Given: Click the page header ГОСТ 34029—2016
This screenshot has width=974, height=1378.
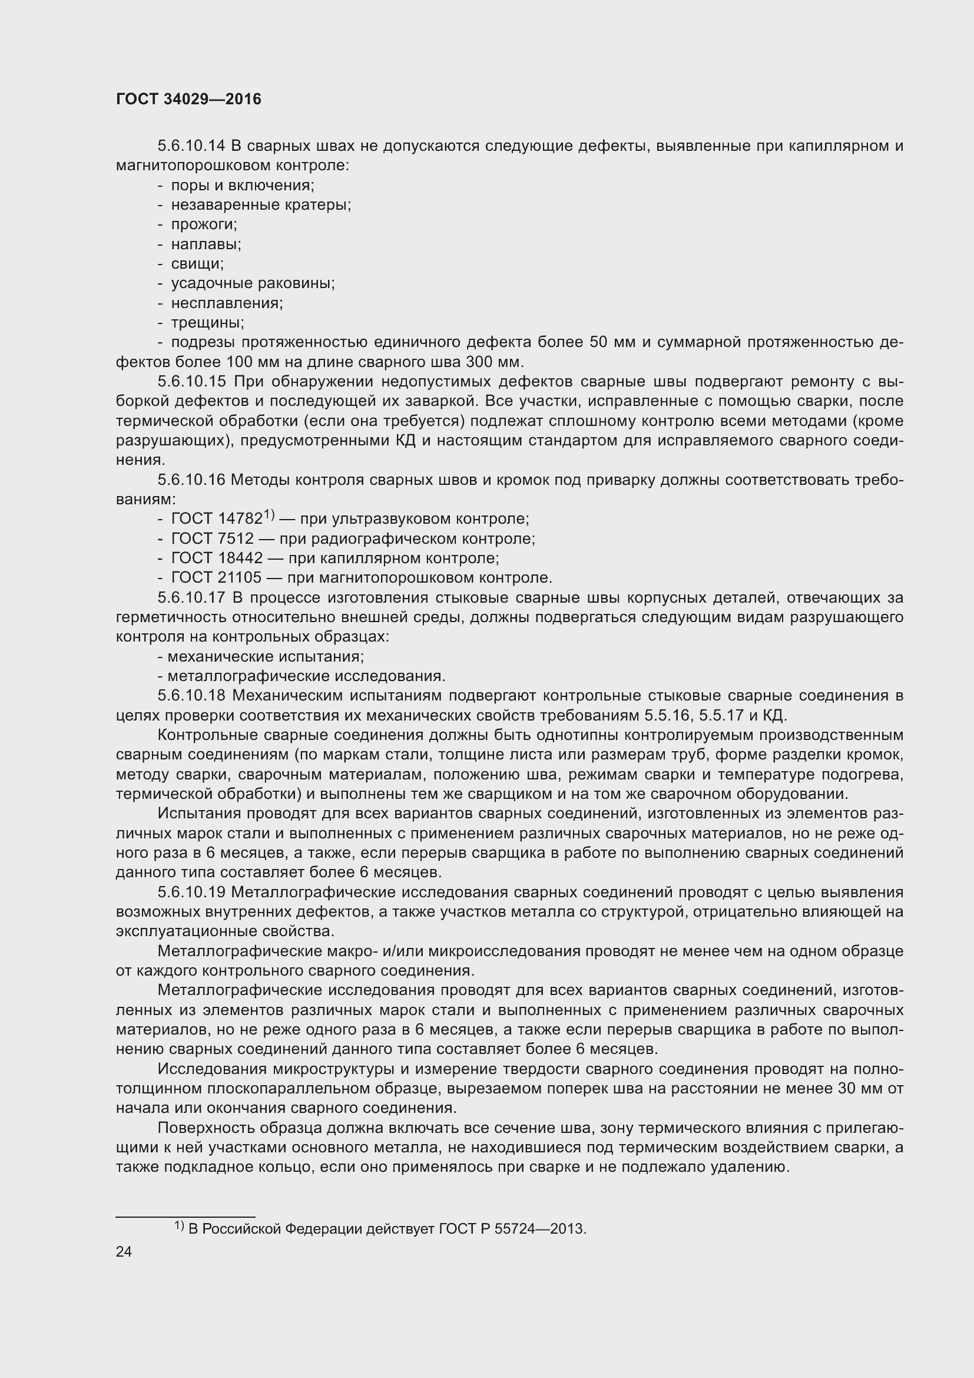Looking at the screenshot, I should [188, 99].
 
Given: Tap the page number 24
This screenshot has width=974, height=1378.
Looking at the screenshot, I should [124, 1251].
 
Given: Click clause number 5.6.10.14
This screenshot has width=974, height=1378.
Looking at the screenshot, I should [191, 146].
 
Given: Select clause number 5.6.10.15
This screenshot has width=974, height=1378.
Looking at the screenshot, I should [191, 381].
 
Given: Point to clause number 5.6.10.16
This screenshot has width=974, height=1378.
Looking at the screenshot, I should [191, 480].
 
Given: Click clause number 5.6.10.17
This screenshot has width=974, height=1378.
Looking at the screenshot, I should [191, 597].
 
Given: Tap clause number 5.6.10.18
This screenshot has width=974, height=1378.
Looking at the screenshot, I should [191, 696].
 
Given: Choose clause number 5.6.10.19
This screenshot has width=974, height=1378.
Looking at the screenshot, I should [191, 892].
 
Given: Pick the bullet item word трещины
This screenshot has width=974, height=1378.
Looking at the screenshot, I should [207, 322].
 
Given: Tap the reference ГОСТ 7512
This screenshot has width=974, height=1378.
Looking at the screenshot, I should [213, 538].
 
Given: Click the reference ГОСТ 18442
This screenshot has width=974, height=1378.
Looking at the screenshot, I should [217, 558].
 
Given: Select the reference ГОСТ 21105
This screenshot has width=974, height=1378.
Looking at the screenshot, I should [216, 577].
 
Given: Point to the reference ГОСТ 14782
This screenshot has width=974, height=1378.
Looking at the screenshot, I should [217, 518].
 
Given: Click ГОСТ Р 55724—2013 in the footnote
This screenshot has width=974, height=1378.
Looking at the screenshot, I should [511, 1228].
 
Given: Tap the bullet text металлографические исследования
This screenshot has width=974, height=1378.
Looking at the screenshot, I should [306, 676].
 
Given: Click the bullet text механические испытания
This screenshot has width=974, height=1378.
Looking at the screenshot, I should [266, 656].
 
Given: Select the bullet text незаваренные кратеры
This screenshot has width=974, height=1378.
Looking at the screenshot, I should [261, 204].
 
